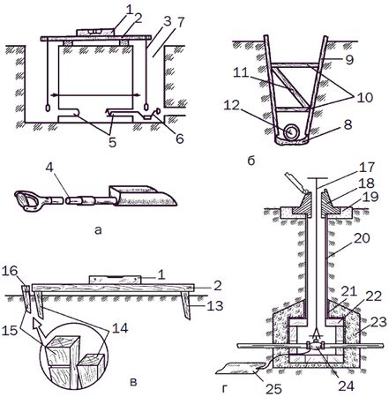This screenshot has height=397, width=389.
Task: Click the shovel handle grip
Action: [x=26, y=200]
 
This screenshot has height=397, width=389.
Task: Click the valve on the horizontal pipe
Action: [x=315, y=346]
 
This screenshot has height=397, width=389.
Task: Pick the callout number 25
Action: [x=274, y=388]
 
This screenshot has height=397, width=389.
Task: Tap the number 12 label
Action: [x=232, y=105]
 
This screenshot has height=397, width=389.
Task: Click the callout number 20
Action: [x=362, y=238]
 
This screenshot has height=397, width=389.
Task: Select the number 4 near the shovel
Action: [x=50, y=168]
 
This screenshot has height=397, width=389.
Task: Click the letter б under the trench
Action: [x=251, y=161]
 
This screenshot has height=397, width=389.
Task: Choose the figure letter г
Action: [x=225, y=389]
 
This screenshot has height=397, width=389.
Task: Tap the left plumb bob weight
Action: [x=48, y=108]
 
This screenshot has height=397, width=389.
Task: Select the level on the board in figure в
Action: [x=116, y=280]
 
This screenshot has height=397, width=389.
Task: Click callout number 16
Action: [x=10, y=271]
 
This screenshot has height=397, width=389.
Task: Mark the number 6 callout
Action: [x=180, y=139]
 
